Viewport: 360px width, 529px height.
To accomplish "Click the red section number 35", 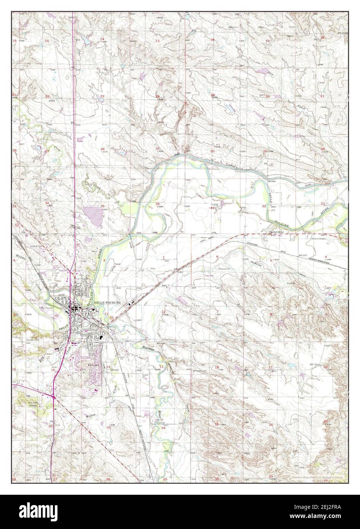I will (x=102, y=206).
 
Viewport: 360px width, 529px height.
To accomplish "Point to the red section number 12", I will (x=163, y=312).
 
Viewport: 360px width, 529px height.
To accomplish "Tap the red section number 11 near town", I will (x=107, y=314).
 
